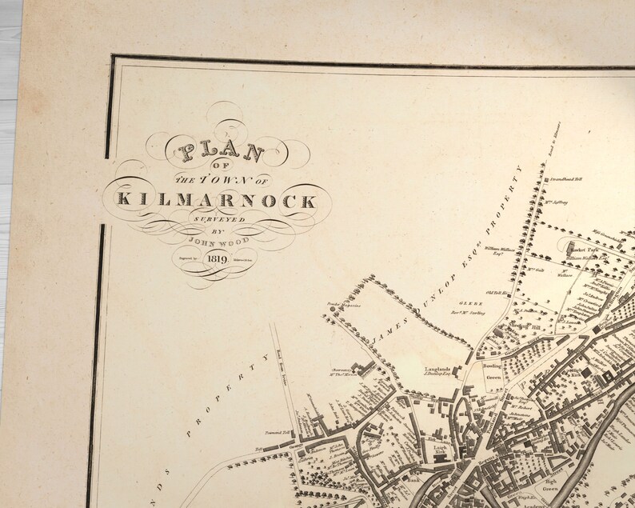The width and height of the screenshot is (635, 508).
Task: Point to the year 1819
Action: pyautogui.click(x=218, y=258)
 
